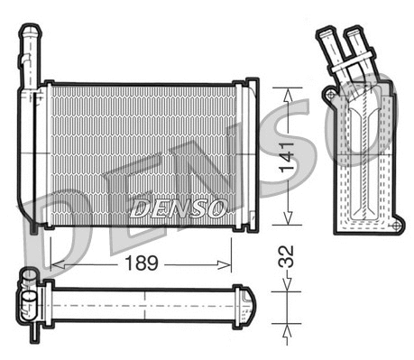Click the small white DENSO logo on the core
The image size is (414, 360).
click(x=177, y=209)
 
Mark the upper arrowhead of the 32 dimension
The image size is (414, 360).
click(x=287, y=285)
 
